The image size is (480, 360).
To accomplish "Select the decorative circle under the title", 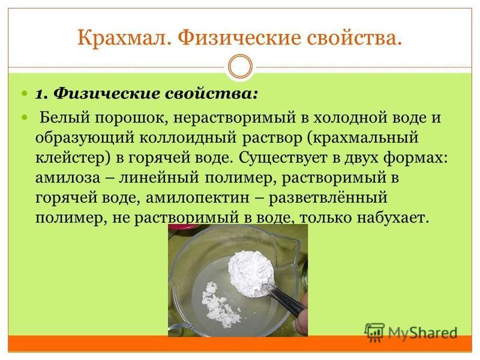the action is coord(241,67).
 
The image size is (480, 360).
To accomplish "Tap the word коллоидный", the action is coord(188,139).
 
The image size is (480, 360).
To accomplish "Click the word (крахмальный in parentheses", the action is coord(363,139).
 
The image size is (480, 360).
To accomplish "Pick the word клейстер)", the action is coord(73,158).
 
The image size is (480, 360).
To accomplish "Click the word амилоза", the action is coord(68,178).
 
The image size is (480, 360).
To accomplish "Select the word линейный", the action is coord(159,178).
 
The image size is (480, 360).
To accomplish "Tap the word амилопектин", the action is coord(197,199).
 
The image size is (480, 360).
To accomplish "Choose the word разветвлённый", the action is coord(328,199).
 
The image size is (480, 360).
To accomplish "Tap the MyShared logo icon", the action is coord(374,332).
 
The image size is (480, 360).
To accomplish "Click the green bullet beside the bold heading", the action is coord(25,93).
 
